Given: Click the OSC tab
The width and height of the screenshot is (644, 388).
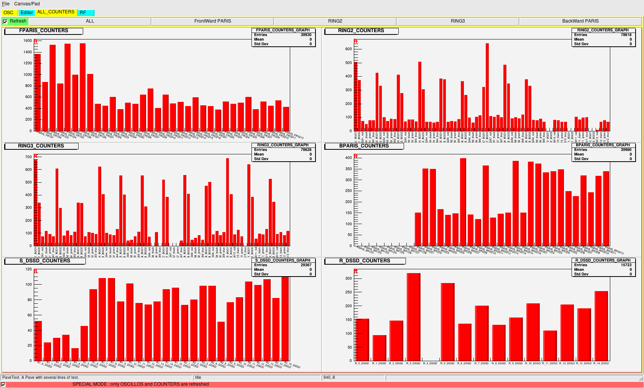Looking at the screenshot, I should [8, 13].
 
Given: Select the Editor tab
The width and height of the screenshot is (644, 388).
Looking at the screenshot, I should [27, 13].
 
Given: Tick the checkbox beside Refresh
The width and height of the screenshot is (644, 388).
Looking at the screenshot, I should [5, 21].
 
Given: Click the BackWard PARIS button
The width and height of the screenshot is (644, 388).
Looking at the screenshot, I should [580, 21].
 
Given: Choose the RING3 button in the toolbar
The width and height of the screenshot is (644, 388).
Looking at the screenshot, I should [458, 21].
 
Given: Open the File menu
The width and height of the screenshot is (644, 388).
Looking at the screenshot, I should [6, 4].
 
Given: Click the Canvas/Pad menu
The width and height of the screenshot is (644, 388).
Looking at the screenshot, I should [27, 4].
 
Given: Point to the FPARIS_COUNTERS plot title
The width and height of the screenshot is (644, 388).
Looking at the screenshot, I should [44, 31].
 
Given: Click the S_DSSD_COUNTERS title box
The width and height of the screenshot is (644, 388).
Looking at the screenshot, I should [45, 261].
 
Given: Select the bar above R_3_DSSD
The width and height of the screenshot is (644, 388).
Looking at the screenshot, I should [414, 316].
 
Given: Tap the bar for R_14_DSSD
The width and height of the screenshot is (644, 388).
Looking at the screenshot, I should [601, 326].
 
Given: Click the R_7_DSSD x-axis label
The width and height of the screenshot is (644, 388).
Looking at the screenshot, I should [481, 363].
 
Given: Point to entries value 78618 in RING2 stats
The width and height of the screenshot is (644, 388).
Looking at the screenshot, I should [626, 35].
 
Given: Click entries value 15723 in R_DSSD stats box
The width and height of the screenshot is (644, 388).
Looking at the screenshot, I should [626, 265].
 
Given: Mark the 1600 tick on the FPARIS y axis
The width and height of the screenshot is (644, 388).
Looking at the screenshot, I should [28, 41].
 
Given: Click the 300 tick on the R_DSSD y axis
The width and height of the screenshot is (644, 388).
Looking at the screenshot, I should [348, 278].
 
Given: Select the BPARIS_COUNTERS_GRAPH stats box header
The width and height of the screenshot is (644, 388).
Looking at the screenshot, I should [603, 145].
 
